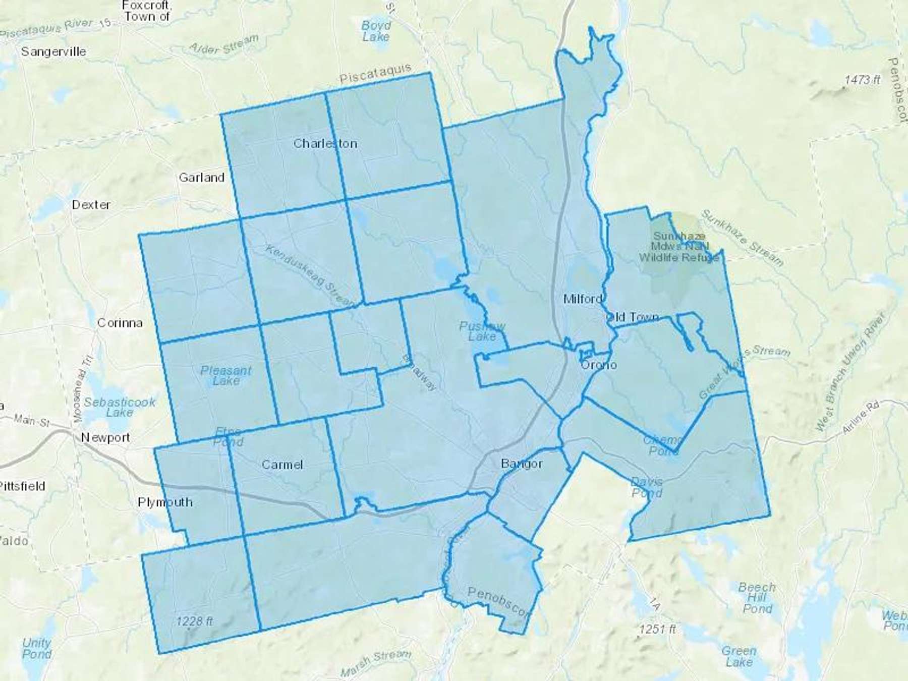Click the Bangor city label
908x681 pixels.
pos(522,464)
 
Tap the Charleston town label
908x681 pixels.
pos(325,144)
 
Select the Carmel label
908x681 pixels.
pos(282,465)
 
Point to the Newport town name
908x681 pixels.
pos(105,437)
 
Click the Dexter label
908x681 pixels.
pos(91,205)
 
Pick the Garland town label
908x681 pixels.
pos(201,178)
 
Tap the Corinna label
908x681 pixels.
pos(120,323)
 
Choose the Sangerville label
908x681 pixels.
pos(53,51)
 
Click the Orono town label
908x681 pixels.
pos(599,365)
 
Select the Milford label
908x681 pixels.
pos(583,299)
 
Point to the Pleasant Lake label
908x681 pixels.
pos(225,376)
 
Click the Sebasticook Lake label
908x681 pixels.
pos(120,407)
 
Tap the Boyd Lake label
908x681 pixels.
pos(376,31)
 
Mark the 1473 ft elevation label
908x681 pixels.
pos(863,80)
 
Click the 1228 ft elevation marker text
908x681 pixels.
pos(195,621)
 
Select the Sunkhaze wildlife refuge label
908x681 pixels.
pos(679,247)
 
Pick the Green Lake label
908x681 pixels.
pos(739,656)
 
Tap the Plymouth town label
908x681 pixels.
pos(165,502)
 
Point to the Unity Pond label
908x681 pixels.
pos(36,649)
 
